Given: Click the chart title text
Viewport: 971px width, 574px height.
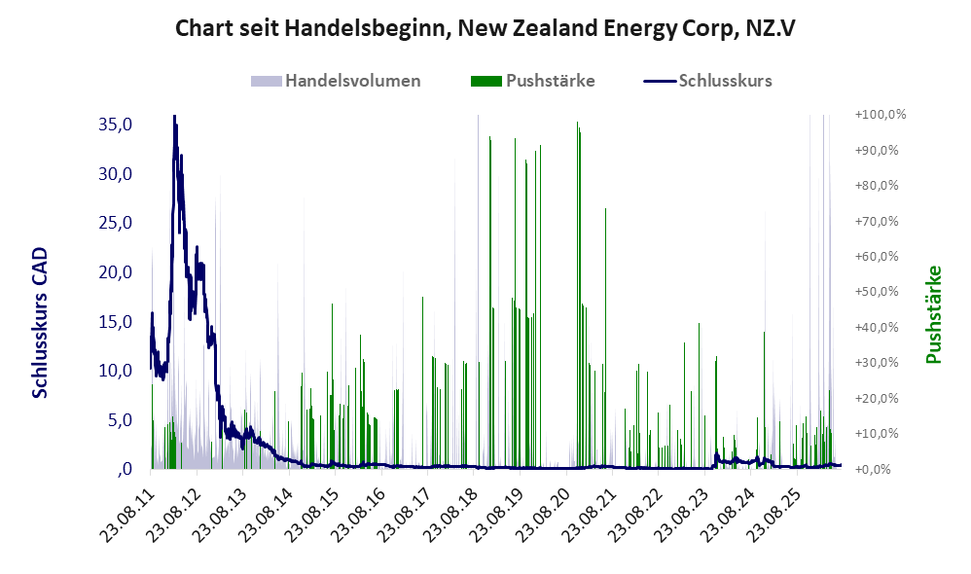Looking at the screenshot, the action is point(485,28).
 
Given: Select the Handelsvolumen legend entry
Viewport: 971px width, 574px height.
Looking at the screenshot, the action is point(336,81).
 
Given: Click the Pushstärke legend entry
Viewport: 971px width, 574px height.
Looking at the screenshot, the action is point(532,81).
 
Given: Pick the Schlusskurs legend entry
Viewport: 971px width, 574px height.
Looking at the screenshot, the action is point(707,81).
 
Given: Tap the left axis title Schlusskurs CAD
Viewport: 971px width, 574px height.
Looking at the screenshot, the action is point(40,323).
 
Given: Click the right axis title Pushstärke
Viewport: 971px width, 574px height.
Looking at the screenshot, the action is point(933,314).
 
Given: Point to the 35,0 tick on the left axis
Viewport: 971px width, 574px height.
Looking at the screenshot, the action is point(115,125).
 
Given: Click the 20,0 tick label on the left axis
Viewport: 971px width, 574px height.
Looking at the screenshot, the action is point(115,271).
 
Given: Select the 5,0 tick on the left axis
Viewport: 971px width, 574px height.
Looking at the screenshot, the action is point(120,420).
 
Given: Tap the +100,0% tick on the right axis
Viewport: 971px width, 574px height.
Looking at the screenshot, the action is point(880,115).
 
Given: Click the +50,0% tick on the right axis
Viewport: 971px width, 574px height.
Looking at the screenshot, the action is point(877,292).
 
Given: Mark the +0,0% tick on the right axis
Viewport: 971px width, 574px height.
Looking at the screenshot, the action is point(873,469).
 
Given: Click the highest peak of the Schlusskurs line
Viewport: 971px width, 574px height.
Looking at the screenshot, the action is point(174,116).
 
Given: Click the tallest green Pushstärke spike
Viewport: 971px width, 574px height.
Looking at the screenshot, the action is point(577,122).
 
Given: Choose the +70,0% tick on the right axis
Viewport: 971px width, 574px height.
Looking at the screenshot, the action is point(877,221).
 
